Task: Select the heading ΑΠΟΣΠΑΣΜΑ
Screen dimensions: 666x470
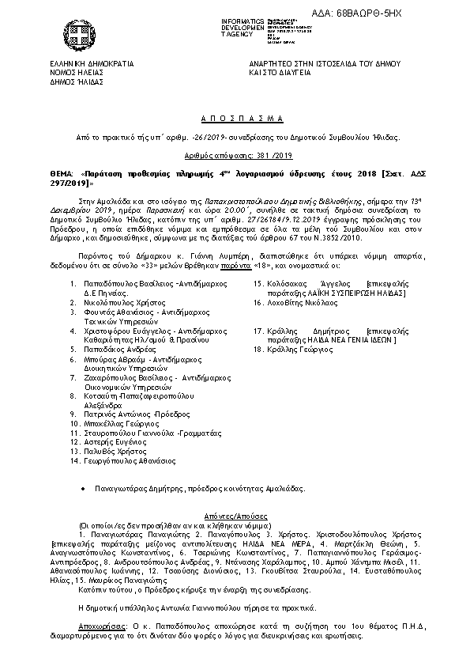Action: point(235,118)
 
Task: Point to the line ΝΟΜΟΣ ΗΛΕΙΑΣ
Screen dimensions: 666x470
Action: point(76,72)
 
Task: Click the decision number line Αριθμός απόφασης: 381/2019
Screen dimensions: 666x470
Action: point(235,155)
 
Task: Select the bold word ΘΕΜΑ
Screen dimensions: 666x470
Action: point(60,172)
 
